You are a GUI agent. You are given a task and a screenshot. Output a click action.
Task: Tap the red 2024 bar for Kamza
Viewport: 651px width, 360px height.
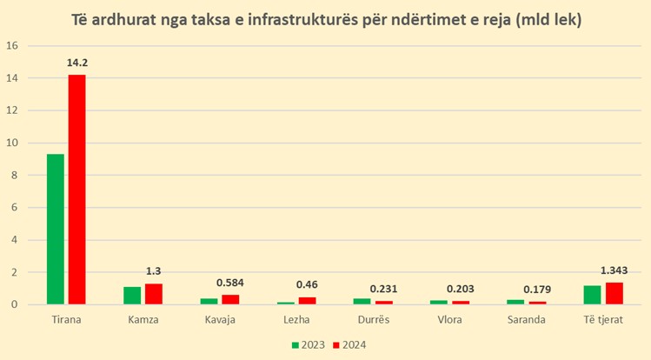[x=154, y=294]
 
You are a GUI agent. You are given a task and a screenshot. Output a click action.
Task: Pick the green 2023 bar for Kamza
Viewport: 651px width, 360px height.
[x=132, y=296]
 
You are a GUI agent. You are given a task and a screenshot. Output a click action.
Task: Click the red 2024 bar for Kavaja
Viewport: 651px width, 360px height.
[x=230, y=299]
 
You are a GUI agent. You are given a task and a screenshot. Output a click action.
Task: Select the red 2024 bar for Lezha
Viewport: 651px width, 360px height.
[x=307, y=300]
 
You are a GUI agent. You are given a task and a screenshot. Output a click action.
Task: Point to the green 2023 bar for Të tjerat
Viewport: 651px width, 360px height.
[x=592, y=295]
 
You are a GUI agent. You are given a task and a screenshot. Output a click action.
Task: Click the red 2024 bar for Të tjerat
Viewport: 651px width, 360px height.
[x=614, y=293]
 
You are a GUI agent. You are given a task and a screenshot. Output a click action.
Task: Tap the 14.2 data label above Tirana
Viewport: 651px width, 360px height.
[x=77, y=63]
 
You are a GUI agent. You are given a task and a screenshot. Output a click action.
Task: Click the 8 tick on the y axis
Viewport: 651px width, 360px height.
[x=13, y=175]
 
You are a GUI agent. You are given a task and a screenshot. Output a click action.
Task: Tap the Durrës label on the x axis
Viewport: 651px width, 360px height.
[x=373, y=320]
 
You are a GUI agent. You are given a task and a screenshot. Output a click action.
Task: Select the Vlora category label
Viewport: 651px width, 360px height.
[x=450, y=320]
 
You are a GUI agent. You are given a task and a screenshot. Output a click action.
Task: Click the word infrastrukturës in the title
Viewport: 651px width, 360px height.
[x=300, y=18]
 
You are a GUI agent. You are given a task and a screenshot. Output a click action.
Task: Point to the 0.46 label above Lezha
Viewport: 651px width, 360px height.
[x=308, y=283]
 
